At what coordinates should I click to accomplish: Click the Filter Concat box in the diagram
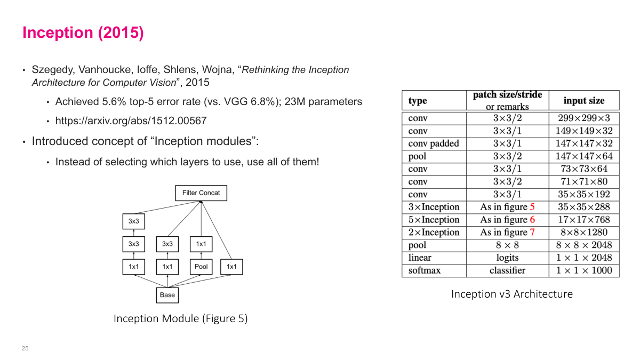[201, 193]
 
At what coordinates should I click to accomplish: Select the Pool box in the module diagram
[201, 267]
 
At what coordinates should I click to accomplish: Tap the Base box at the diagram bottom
[167, 295]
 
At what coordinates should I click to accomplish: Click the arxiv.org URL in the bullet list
[131, 121]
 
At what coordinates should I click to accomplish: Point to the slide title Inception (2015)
[83, 33]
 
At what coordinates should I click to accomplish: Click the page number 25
[25, 348]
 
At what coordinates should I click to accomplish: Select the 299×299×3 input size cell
[584, 118]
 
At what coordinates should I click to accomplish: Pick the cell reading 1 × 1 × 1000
[584, 270]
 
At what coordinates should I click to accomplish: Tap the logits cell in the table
[507, 258]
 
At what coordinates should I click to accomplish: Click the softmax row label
[425, 270]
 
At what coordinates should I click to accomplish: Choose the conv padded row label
[434, 143]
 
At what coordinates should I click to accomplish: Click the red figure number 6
[532, 220]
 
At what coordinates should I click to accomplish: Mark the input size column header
[584, 100]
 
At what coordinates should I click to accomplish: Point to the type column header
[418, 101]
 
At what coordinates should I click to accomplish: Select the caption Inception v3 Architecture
[511, 294]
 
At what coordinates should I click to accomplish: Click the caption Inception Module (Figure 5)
[180, 319]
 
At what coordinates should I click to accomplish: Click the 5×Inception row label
[434, 220]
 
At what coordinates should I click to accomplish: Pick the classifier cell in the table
[507, 270]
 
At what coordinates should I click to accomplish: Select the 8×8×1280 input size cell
[584, 232]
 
